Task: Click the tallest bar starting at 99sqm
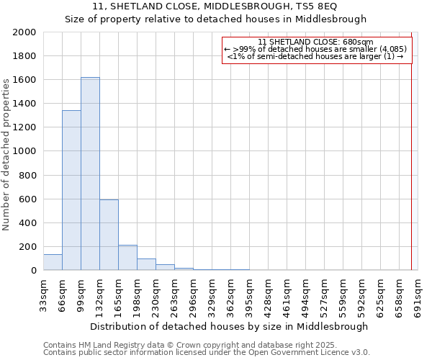coord(90,174)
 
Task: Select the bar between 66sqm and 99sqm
coord(71,190)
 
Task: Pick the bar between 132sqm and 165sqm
coord(109,235)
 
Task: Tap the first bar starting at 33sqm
coord(53,262)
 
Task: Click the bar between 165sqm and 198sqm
coord(127,258)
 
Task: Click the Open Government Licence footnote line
coord(207,352)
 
